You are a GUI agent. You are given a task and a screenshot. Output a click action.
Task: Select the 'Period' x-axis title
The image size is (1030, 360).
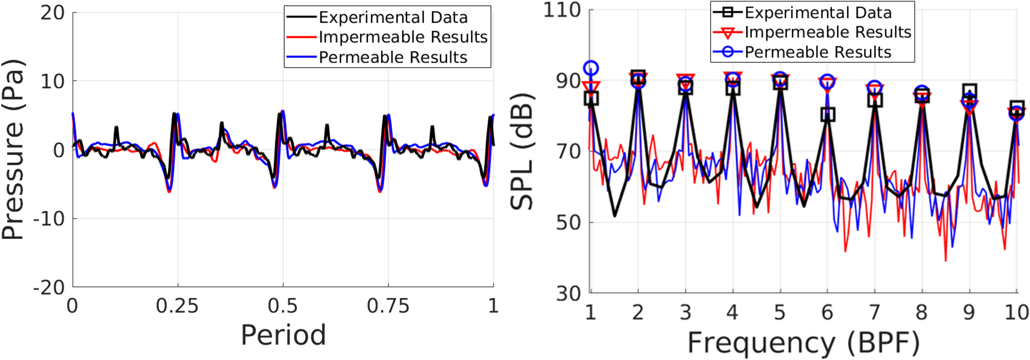pos(283,335)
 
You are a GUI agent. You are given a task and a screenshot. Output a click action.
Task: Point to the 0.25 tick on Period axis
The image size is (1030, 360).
pos(177,306)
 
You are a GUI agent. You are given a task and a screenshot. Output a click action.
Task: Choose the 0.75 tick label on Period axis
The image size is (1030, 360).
pos(388,306)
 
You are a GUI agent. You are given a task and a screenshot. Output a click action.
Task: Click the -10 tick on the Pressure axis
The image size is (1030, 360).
pos(49,219)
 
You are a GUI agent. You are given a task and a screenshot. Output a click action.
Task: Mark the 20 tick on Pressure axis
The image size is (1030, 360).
pos(52,13)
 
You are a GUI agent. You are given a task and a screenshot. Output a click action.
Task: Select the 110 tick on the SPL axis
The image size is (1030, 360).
pos(562,10)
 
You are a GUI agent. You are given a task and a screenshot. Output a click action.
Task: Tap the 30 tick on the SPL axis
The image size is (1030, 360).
pos(568,294)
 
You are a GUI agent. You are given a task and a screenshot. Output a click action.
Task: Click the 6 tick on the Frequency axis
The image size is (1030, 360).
pos(827,312)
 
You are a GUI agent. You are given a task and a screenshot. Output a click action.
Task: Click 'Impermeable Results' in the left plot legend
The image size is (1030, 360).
pos(403,37)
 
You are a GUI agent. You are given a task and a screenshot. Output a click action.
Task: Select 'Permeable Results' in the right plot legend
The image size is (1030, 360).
pos(818,52)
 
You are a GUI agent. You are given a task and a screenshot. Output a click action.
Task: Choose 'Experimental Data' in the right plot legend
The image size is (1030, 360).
pos(818,13)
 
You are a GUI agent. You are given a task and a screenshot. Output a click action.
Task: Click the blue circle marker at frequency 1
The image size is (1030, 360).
pos(591,68)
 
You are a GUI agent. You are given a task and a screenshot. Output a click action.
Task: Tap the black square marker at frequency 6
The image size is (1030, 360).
pos(827,114)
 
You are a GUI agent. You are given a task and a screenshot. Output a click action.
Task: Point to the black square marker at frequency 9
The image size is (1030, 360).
pos(969,91)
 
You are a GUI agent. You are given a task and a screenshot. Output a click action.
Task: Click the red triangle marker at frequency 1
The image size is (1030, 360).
pos(591,86)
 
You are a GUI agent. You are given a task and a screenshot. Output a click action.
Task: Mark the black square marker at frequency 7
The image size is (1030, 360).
pos(875,100)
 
